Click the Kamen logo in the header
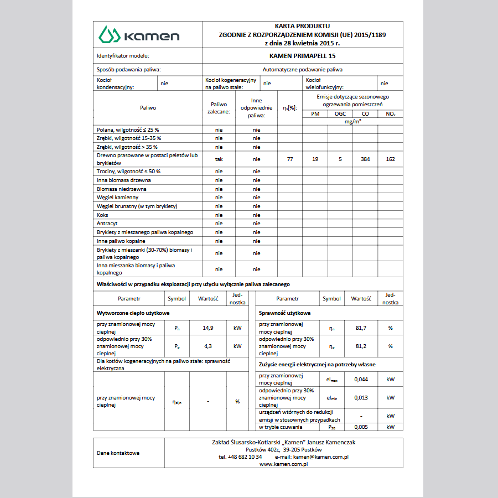[x=139, y=35]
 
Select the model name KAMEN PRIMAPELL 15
[x=302, y=56]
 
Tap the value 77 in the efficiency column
[x=290, y=159]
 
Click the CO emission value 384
[x=365, y=159]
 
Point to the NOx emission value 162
[x=390, y=159]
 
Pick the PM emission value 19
[x=315, y=159]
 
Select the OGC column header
[x=340, y=113]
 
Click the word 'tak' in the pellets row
[x=219, y=159]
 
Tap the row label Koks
[x=102, y=215]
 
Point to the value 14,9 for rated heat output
[x=207, y=328]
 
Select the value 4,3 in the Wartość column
[x=207, y=346]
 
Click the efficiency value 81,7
[x=361, y=328]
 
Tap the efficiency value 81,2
[x=361, y=346]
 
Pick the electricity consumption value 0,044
[x=361, y=380]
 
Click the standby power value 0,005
[x=361, y=427]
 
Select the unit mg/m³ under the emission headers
[x=352, y=121]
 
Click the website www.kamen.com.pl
[x=283, y=464]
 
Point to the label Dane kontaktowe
[x=118, y=453]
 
